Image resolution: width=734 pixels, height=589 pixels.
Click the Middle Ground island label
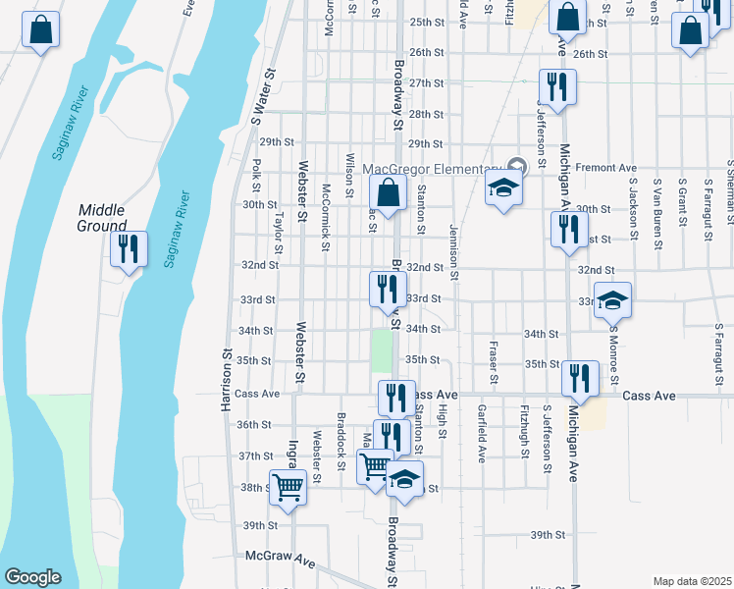point(102,217)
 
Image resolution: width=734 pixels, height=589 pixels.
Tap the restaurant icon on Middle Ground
point(128,249)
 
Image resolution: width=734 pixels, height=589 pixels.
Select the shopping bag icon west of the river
point(40,31)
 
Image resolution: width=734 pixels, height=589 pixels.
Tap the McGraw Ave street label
point(281,559)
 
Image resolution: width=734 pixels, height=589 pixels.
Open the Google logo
point(32,577)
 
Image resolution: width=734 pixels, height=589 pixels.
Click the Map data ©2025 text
point(691,581)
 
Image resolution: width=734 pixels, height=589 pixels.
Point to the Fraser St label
point(494,363)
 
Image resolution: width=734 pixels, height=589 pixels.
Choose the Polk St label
point(256,177)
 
